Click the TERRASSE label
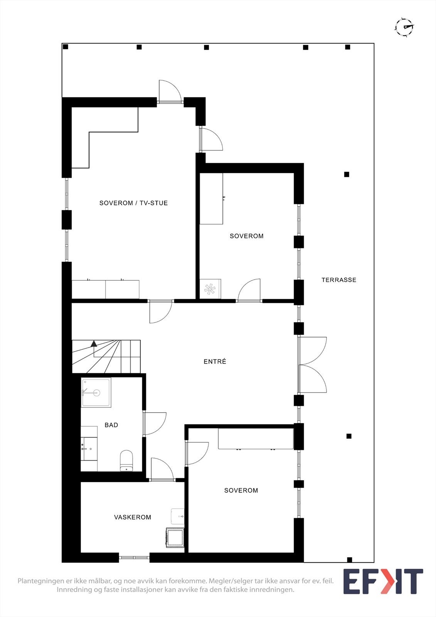click(x=339, y=280)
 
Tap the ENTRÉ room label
click(x=215, y=361)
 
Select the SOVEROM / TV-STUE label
click(x=133, y=203)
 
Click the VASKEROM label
click(x=132, y=517)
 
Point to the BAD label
click(x=111, y=425)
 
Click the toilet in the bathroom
click(x=126, y=460)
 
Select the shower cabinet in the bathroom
click(x=96, y=393)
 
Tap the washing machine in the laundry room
click(x=175, y=537)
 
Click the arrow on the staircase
click(x=94, y=343)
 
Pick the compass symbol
click(x=404, y=27)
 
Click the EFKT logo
click(x=383, y=582)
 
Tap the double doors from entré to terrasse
click(x=312, y=365)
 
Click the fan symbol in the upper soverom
click(x=210, y=289)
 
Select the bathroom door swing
click(x=155, y=423)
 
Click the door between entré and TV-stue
click(x=160, y=312)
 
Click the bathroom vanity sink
click(x=89, y=448)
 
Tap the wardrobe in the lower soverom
click(x=256, y=438)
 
